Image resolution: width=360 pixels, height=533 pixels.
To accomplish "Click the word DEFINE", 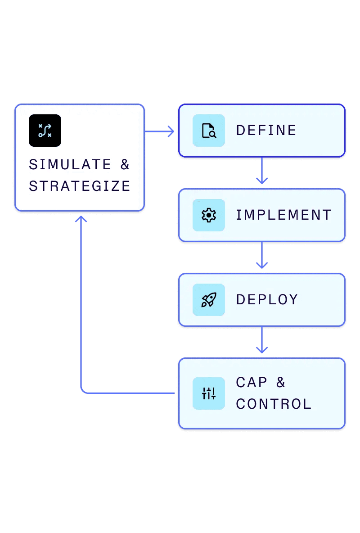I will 266,131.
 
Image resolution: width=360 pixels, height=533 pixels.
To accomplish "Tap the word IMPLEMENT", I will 283,215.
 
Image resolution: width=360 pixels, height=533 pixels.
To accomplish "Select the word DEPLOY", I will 267,300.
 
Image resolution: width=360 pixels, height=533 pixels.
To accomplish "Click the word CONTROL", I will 274,404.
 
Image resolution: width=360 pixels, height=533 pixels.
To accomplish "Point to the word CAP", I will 252,383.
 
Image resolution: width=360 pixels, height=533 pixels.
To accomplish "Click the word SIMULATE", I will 70,165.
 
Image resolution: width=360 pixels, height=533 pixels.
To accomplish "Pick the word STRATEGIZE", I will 80,186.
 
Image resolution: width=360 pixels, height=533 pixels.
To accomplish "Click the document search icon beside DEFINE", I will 209,131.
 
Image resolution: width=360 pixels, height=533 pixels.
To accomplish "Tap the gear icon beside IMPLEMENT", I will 209,215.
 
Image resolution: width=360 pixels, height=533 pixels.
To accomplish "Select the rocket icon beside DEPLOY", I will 209,300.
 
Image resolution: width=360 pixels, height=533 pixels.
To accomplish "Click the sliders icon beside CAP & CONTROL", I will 209,393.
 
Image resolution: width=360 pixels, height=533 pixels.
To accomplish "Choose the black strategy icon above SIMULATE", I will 45,131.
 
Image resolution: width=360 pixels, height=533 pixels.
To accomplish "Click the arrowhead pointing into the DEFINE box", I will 171,131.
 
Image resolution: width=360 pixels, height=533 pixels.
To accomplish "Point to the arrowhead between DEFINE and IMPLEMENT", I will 262,181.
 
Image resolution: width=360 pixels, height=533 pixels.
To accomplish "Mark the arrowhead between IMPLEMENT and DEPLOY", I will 262,265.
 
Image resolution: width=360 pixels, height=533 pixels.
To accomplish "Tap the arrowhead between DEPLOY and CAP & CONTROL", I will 262,350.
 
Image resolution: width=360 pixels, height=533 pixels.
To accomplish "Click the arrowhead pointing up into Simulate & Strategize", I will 81,219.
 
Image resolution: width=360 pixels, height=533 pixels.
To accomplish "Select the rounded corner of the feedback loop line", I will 83,391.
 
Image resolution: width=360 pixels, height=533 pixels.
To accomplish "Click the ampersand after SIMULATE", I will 125,165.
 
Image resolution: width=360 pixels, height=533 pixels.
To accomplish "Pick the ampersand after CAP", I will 281,383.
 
